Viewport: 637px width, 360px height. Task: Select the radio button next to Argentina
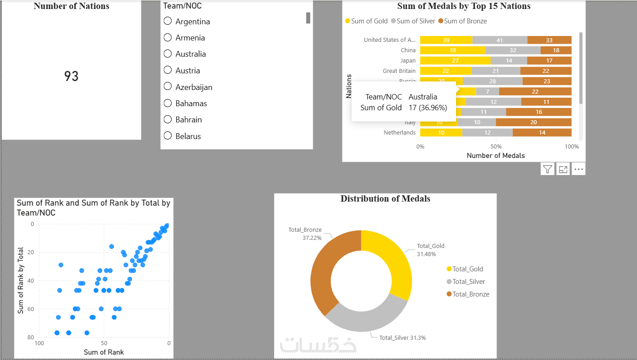[x=168, y=21]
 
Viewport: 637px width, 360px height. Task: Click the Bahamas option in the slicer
[x=191, y=103]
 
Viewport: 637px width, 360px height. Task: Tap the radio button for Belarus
[x=168, y=135]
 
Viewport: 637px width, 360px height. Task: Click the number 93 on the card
[x=71, y=76]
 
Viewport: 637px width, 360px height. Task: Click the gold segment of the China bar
[x=452, y=50]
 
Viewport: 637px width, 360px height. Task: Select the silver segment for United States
[x=500, y=40]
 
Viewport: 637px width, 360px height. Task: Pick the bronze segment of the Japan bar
[x=549, y=60]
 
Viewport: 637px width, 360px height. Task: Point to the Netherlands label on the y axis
[x=399, y=133]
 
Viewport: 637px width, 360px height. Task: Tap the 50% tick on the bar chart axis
[x=496, y=146]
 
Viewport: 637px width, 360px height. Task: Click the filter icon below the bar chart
[x=547, y=169]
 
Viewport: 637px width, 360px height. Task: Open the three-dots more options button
[x=578, y=169]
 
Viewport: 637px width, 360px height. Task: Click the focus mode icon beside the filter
[x=563, y=169]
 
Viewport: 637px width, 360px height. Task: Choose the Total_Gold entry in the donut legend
[x=467, y=269]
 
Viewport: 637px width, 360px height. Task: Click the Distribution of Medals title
[x=385, y=199]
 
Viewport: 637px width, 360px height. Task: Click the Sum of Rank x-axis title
[x=104, y=352]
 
